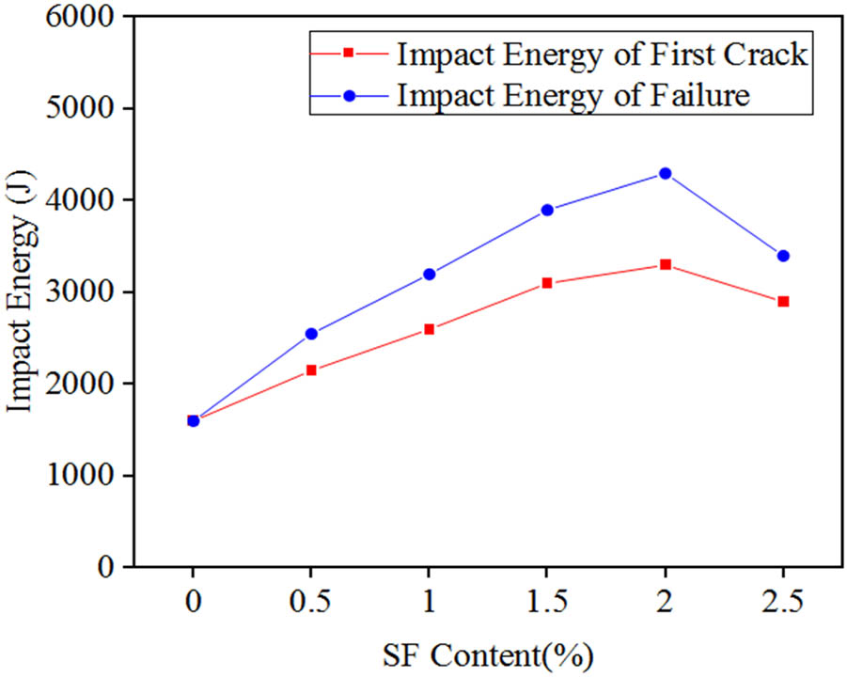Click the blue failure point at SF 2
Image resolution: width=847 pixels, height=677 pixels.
click(x=665, y=173)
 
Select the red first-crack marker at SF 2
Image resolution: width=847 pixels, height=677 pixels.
click(x=665, y=264)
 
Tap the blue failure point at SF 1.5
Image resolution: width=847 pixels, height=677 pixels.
click(x=547, y=210)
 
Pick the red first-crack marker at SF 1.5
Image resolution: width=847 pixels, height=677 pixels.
click(x=547, y=283)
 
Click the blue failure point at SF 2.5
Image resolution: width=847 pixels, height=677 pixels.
click(x=783, y=256)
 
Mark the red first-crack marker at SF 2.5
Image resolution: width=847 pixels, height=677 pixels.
click(x=783, y=302)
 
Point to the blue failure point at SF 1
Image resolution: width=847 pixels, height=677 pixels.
click(x=429, y=274)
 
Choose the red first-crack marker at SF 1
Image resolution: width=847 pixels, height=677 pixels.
click(x=429, y=329)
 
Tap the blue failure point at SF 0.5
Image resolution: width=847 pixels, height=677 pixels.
click(x=311, y=334)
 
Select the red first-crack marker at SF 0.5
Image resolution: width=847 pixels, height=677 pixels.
click(x=311, y=370)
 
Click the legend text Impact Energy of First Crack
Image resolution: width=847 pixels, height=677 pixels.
click(x=602, y=55)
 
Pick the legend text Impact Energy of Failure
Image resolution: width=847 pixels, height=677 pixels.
click(x=573, y=96)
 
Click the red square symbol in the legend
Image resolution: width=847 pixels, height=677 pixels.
click(x=347, y=54)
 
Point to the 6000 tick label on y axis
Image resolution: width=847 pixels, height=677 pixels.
click(x=82, y=17)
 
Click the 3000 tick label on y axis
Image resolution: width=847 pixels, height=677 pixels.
click(x=82, y=292)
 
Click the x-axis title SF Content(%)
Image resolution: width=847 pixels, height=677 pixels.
click(x=488, y=653)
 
